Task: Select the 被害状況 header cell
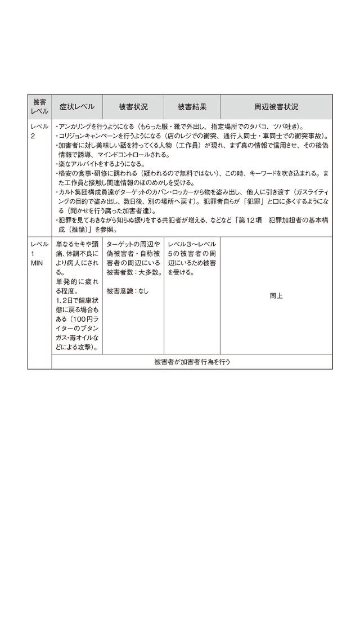(133, 107)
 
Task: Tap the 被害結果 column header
(191, 107)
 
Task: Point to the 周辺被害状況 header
(276, 107)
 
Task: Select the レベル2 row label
(39, 131)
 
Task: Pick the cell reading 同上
(276, 295)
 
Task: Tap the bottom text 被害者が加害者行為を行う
(192, 362)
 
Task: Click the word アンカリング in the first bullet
(76, 127)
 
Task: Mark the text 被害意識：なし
(128, 291)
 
